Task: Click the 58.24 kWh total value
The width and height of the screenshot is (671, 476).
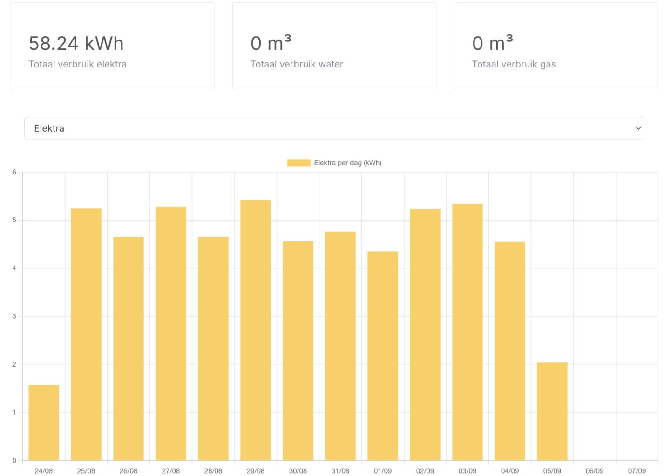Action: pos(76,43)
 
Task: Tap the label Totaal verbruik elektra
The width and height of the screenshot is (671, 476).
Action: pos(77,64)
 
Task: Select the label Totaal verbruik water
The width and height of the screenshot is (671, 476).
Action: pos(297,64)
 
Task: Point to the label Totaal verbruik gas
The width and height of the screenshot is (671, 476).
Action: pos(514,64)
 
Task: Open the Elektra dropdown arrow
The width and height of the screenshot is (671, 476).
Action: pos(638,128)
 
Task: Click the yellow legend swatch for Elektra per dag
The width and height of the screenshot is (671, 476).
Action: pos(298,163)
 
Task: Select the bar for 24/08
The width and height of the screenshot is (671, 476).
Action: pos(44,422)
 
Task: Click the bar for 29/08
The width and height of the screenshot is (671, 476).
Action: pos(256,330)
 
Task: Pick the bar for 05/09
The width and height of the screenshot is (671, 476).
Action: pos(552,411)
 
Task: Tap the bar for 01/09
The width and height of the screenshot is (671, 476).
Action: pos(383,356)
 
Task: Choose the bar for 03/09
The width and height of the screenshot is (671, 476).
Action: pos(467,332)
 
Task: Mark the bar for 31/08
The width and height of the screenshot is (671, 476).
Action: pos(340,346)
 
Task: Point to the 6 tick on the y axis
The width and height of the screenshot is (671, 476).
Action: pos(14,172)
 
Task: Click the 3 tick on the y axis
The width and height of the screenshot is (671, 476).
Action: pos(14,316)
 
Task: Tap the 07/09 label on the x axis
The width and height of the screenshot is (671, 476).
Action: pos(637,471)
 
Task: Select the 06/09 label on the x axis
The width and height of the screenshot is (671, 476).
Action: pos(594,471)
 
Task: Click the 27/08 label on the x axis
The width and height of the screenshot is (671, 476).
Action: pos(170,471)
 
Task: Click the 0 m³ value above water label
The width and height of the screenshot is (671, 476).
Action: pos(271,43)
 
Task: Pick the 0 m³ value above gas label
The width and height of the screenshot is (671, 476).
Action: pos(492,43)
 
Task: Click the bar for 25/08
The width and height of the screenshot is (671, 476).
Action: pos(86,335)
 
